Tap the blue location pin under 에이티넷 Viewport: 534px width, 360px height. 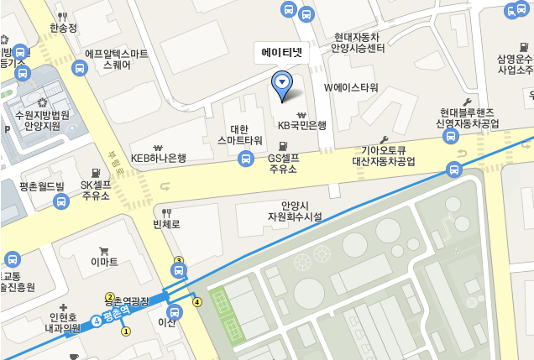coord(282,83)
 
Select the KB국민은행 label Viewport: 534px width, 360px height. coord(301,125)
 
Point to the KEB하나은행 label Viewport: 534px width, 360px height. coord(159,158)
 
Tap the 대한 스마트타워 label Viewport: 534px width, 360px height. coord(239,134)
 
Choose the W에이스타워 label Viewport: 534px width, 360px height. coord(351,88)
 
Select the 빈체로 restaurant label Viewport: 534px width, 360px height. coord(166,224)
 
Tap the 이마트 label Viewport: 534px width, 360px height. coord(104,262)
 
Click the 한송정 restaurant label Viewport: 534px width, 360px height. coord(63,28)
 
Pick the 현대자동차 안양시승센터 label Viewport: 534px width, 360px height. coord(358,43)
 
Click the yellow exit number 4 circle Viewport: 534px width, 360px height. coord(197,302)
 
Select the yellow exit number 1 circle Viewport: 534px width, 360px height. coord(126,331)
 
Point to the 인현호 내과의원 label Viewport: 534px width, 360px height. coord(64,323)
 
